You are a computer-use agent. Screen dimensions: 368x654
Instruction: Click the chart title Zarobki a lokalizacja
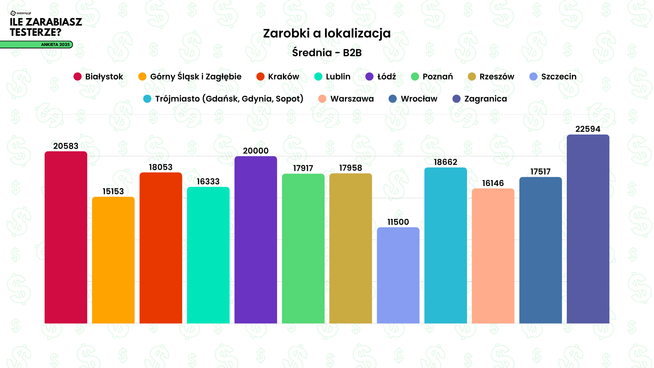pyautogui.click(x=327, y=33)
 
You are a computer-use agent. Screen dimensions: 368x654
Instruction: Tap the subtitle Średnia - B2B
pyautogui.click(x=327, y=53)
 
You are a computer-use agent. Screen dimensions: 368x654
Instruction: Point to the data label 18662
pyautogui.click(x=446, y=162)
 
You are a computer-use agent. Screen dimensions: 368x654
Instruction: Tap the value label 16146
pyautogui.click(x=493, y=183)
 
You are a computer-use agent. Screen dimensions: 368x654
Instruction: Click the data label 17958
pyautogui.click(x=351, y=168)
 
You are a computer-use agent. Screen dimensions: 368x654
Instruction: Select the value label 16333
pyautogui.click(x=208, y=182)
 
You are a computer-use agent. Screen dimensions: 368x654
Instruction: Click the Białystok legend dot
pyautogui.click(x=78, y=77)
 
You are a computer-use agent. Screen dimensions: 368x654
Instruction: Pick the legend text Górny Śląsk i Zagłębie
pyautogui.click(x=196, y=77)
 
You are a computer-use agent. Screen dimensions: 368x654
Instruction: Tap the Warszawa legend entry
pyautogui.click(x=352, y=99)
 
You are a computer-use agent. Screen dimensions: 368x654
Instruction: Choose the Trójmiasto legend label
pyautogui.click(x=229, y=99)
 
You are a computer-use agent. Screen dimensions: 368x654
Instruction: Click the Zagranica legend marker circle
pyautogui.click(x=456, y=99)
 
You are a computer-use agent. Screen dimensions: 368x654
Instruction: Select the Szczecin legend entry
pyautogui.click(x=559, y=77)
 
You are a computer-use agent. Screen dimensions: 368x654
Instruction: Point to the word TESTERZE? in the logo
pyautogui.click(x=35, y=32)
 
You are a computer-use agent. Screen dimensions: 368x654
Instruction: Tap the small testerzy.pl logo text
pyautogui.click(x=24, y=13)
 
